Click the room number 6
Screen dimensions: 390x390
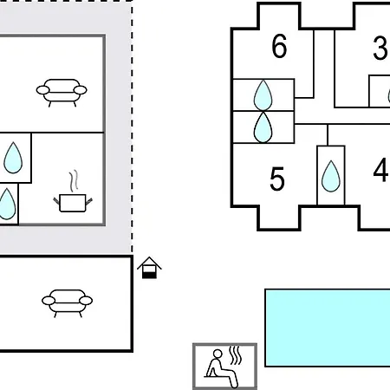click(279, 46)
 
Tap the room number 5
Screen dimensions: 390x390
click(277, 179)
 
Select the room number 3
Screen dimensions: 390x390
click(380, 48)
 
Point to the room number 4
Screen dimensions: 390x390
click(380, 170)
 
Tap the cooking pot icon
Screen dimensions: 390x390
click(73, 203)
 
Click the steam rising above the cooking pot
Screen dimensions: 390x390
click(74, 181)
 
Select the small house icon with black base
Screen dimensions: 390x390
click(149, 268)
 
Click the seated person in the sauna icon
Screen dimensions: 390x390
click(221, 369)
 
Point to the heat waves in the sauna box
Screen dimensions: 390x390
click(236, 355)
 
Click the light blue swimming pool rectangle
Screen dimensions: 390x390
click(328, 328)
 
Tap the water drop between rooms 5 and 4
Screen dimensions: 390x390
click(331, 177)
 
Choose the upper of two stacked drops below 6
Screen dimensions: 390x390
click(263, 95)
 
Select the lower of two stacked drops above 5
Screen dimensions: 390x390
click(263, 127)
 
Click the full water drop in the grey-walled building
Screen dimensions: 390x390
click(13, 158)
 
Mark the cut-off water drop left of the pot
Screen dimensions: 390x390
click(6, 204)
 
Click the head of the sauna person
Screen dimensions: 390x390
click(218, 354)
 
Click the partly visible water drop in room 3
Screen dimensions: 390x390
click(389, 95)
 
